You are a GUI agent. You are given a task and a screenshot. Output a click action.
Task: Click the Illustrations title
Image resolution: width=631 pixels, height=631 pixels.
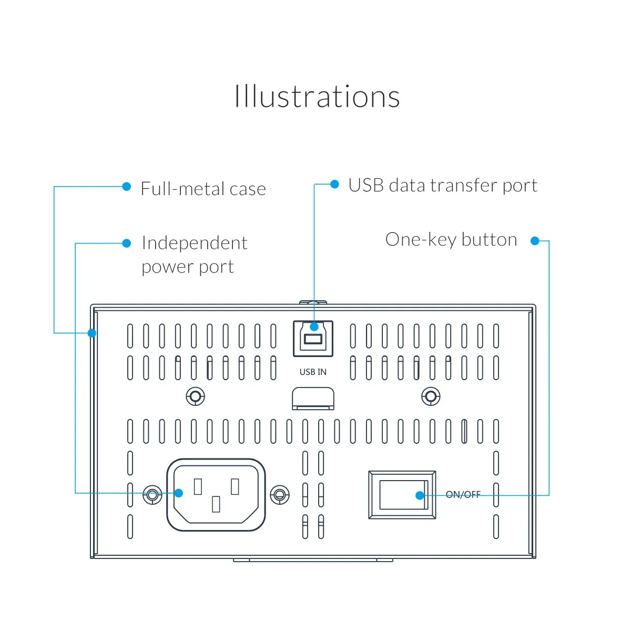[x=317, y=97]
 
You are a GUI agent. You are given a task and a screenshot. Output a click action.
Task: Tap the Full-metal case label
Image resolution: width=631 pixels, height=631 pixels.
[x=203, y=189]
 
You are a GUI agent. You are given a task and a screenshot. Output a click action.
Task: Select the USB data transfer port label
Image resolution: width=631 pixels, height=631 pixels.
[x=443, y=186]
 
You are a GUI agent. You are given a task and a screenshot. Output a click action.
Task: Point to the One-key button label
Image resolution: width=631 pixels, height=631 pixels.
[x=451, y=240]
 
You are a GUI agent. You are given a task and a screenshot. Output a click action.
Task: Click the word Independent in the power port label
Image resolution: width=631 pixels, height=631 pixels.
[x=195, y=243]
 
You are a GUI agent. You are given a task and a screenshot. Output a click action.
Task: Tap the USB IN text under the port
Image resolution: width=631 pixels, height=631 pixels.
[x=313, y=372]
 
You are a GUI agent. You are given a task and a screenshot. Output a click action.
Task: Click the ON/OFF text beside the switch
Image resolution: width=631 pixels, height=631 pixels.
[x=463, y=494]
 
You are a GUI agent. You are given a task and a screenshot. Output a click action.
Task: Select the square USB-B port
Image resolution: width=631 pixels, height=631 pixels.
[x=313, y=339]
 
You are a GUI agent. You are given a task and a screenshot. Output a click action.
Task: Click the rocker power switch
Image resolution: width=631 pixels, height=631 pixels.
[x=402, y=495]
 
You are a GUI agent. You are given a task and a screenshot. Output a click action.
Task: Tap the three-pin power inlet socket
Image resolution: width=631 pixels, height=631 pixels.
[x=216, y=494]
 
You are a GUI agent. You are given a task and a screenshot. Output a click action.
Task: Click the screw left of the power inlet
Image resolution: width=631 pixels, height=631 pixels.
[x=152, y=494]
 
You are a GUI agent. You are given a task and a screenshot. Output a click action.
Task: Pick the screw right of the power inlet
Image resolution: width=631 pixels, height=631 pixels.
[x=279, y=494]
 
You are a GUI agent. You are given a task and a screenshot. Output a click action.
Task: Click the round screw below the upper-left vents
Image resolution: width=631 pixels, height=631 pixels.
[x=196, y=396]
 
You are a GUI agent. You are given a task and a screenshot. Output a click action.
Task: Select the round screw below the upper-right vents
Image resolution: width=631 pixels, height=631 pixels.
[x=431, y=396]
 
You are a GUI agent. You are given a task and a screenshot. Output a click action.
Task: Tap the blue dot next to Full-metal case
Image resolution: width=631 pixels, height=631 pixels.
[x=126, y=187]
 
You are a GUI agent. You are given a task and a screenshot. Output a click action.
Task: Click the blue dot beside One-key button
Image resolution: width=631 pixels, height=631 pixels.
[x=535, y=241]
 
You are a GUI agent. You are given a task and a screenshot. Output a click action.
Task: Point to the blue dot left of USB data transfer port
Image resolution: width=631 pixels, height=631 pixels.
[x=334, y=184]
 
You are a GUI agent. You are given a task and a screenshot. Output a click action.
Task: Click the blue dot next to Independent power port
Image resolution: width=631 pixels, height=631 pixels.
[x=126, y=243]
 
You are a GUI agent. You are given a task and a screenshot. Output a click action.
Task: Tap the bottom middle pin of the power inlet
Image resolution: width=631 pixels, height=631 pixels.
[x=216, y=504]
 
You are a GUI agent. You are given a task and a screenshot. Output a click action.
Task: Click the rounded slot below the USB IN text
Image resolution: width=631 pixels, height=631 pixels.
[x=313, y=398]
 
